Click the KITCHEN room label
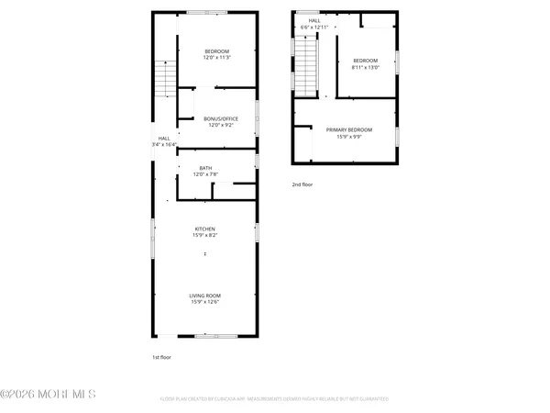pyautogui.click(x=204, y=229)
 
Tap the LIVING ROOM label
pyautogui.click(x=204, y=295)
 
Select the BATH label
pyautogui.click(x=205, y=167)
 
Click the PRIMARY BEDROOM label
pyautogui.click(x=349, y=129)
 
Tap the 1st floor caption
pyautogui.click(x=161, y=356)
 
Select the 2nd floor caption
pyautogui.click(x=302, y=184)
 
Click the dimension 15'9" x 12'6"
pyautogui.click(x=204, y=301)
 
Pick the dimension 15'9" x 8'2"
pyautogui.click(x=204, y=235)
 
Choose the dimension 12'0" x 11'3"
pyautogui.click(x=216, y=58)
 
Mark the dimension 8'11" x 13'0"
pyautogui.click(x=364, y=67)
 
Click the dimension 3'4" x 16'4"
pyautogui.click(x=164, y=144)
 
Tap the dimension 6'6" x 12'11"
pyautogui.click(x=314, y=27)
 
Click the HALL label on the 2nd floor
pyautogui.click(x=314, y=20)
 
